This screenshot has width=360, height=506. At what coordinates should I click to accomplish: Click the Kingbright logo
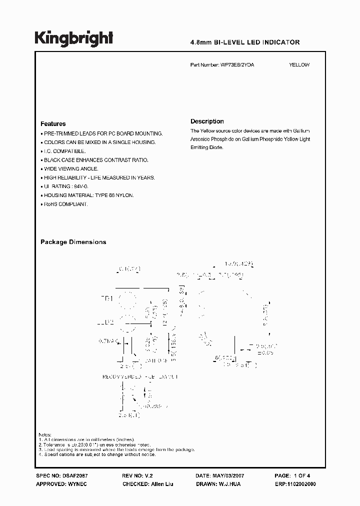pos(74,38)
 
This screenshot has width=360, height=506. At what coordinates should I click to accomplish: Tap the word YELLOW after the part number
pos(299,65)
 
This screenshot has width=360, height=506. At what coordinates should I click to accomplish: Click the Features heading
pos(53,123)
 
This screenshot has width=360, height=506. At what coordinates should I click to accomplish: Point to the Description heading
pos(207,121)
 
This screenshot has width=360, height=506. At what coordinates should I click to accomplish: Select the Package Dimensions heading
pos(73,242)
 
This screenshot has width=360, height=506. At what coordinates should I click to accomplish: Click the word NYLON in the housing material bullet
pos(124,195)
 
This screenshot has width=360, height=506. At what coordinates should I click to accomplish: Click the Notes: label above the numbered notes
pos(44,435)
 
